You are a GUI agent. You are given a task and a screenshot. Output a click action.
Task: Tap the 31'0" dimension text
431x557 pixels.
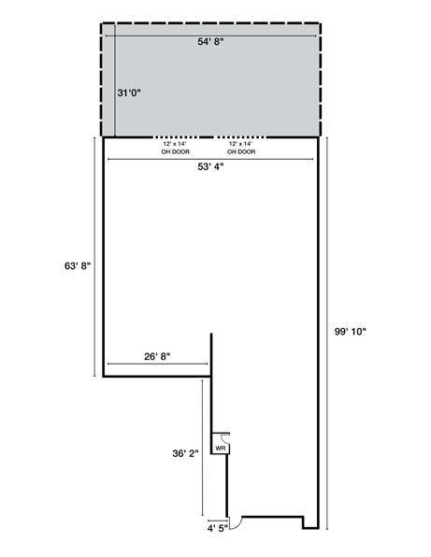129,93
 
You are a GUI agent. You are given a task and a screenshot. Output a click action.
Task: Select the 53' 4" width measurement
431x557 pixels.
209,169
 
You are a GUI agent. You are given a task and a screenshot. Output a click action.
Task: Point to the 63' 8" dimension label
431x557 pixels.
76,265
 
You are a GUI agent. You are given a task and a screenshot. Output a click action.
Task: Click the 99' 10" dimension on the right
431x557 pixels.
350,331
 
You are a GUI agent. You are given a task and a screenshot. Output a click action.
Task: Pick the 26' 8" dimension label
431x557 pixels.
157,355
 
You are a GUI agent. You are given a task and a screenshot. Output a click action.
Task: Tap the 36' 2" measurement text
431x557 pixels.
183,454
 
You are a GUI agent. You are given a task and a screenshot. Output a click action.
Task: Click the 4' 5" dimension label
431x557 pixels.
217,528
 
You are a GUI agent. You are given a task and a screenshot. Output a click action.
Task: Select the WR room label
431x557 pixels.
220,449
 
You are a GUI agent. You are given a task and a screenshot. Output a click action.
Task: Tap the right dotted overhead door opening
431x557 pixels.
242,137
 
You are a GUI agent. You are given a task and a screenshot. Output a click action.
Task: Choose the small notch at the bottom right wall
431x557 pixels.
305,520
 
